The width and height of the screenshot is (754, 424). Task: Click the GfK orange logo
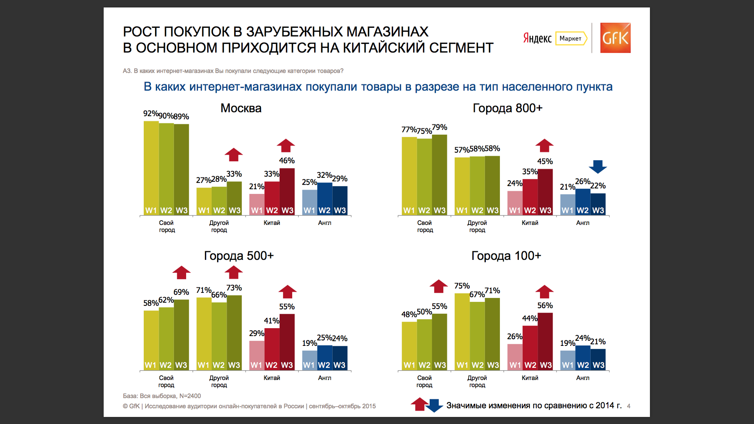coord(615,38)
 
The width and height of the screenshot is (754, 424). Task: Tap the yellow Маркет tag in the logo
coord(571,38)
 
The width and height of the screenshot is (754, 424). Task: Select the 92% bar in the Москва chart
coord(151,168)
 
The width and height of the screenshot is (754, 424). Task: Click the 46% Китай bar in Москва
coord(287,192)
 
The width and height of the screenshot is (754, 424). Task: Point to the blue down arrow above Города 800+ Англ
coord(598,166)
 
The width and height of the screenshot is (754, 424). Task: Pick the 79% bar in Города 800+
coord(439,175)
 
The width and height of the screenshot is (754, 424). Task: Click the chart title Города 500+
coord(239,256)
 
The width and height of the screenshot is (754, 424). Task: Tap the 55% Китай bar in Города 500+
coord(287,342)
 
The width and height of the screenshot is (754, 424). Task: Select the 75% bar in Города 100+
coord(462,332)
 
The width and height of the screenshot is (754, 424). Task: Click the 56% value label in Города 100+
coord(545,305)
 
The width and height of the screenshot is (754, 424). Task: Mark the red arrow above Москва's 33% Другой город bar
coord(234,155)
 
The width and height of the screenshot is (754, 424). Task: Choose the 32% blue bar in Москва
coord(325,199)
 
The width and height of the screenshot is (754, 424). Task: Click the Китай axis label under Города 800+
coord(530,223)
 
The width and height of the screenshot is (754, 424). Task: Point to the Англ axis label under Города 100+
coord(583,378)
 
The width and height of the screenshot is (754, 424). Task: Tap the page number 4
coord(629,406)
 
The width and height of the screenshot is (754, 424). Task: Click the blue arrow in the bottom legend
coord(434,406)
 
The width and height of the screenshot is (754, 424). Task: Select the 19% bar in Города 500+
coord(309,360)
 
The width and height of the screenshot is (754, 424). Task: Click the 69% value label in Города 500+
coord(181,292)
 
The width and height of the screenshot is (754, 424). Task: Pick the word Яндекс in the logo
coord(537,38)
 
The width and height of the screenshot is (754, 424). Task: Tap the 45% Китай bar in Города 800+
coord(545,192)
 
